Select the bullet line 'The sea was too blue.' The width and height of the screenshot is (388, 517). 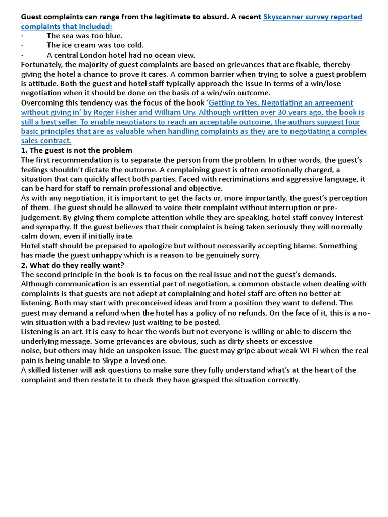coord(84,36)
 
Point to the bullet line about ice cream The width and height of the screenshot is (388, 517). coord(88,45)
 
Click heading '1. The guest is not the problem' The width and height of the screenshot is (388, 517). coord(76,150)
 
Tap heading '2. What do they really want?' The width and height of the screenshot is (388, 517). coord(72,265)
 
